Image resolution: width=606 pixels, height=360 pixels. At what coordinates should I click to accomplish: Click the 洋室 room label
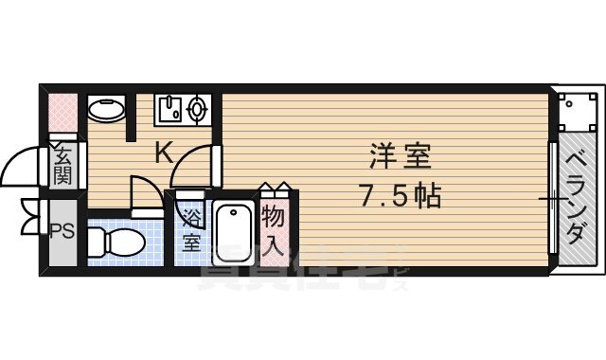(x=395, y=154)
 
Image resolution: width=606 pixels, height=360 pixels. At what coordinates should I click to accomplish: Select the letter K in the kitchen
(x=163, y=152)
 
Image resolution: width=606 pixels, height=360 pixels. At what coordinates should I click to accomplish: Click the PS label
(x=62, y=229)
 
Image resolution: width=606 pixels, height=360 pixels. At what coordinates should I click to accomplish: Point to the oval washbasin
(x=105, y=111)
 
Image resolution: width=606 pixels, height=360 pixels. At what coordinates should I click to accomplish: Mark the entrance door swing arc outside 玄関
(x=21, y=171)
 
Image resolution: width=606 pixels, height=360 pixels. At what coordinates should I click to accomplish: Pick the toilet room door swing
(x=144, y=191)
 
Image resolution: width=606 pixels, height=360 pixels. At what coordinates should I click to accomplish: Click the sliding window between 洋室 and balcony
(x=552, y=199)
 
